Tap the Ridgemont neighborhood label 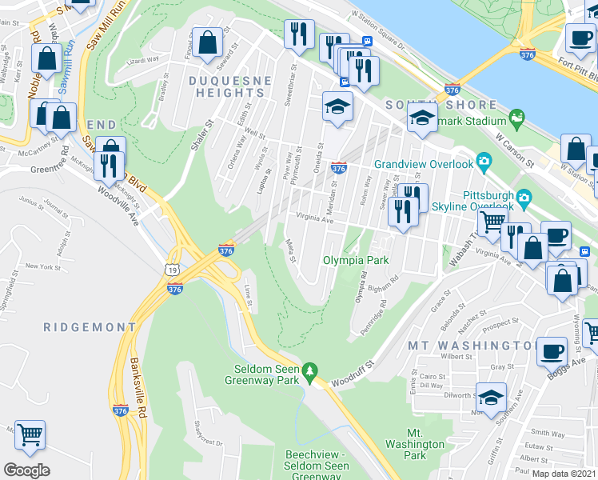click(90, 327)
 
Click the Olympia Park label click(356, 260)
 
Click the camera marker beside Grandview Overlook click(484, 163)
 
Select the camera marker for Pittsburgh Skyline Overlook click(524, 197)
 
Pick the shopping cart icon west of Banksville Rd click(30, 435)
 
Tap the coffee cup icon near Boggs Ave click(551, 350)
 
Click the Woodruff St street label click(355, 372)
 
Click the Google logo click(26, 470)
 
